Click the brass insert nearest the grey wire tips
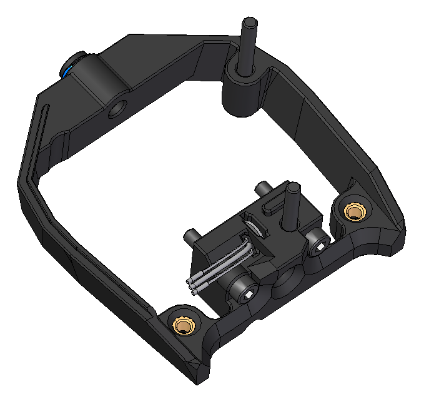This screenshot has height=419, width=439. point(184,325)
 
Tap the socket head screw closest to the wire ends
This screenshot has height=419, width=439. point(244,286)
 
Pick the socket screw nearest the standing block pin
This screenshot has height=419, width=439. point(317,241)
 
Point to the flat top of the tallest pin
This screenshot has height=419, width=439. point(249,23)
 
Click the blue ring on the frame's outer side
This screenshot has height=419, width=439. point(67,70)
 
